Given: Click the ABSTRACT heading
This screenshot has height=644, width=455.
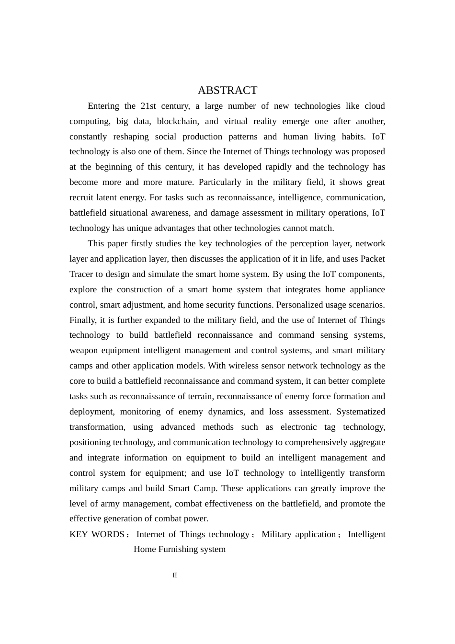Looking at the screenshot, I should [x=227, y=90].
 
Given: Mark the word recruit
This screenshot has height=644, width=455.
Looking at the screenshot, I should [x=81, y=197].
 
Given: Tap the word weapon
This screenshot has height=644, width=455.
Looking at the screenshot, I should [x=84, y=350].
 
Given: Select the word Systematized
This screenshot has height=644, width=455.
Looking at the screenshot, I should [x=361, y=412].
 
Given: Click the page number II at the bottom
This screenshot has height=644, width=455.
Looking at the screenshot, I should [x=175, y=575].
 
